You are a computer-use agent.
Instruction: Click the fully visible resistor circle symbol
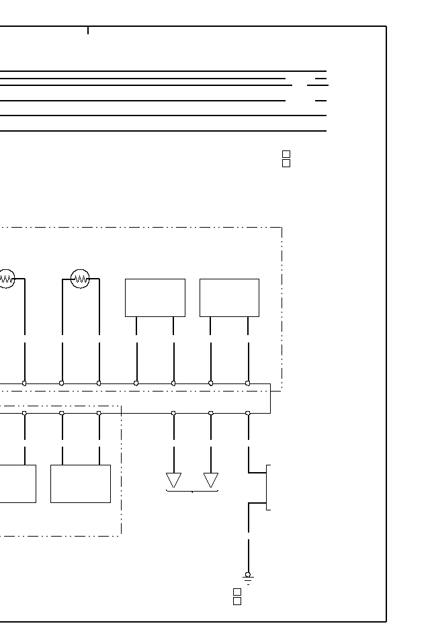coord(80,278)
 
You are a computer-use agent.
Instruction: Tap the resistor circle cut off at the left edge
coord(6,278)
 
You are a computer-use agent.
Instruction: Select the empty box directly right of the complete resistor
coord(155,298)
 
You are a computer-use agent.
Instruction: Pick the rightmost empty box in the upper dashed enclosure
coord(229,298)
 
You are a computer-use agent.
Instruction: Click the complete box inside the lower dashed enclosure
coord(81,484)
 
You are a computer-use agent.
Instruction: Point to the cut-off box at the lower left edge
coord(17,484)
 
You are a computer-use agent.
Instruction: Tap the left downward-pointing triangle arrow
coord(174,480)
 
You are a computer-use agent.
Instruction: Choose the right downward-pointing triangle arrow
coord(211,480)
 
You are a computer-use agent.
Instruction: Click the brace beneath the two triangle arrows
coord(192,491)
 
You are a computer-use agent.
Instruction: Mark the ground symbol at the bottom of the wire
coord(248,577)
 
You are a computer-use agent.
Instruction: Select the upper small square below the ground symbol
coord(237,592)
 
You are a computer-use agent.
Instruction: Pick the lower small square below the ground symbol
coord(237,601)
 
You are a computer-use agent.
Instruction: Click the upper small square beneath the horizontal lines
coord(286,154)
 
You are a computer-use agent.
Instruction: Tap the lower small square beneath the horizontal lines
coord(286,163)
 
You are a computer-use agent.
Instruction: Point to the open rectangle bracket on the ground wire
coord(268,487)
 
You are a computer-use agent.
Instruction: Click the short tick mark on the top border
coord(88,30)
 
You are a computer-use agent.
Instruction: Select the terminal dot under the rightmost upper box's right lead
coord(248,383)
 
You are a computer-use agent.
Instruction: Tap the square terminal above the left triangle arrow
coord(173,413)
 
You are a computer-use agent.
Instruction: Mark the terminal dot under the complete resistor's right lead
coord(99,383)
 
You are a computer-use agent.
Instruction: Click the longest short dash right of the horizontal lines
coord(318,85)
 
